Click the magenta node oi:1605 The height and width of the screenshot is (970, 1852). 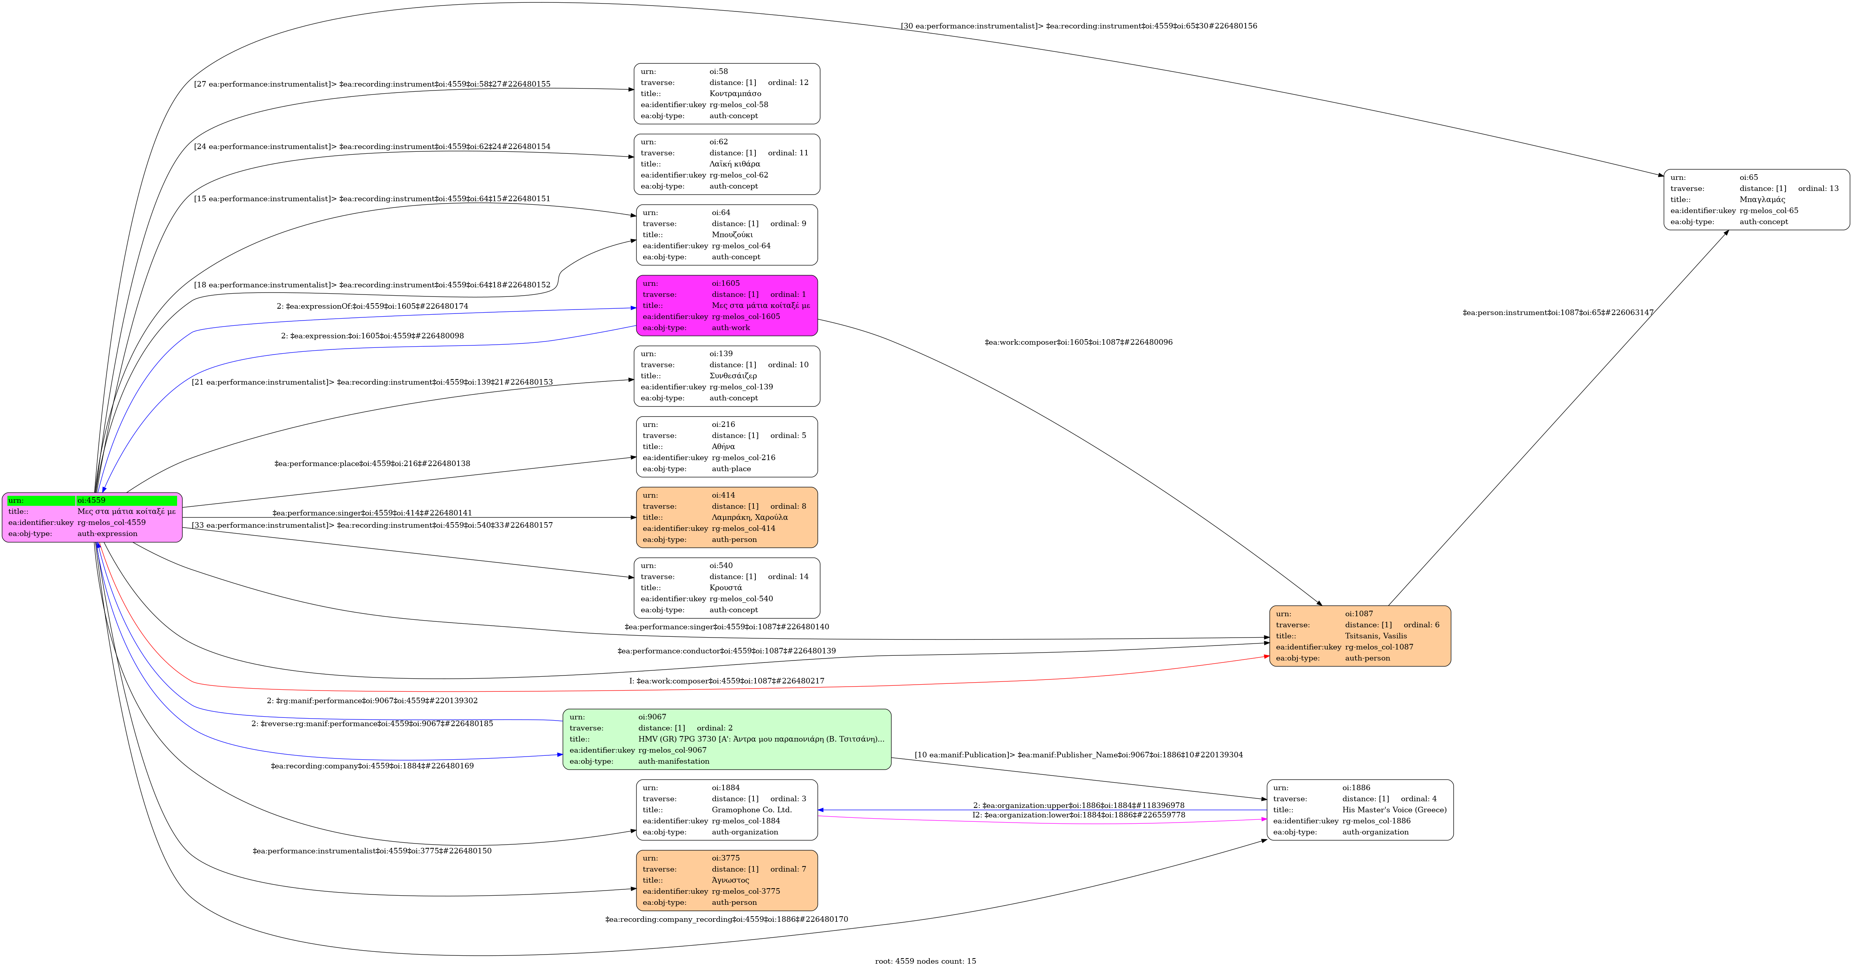(727, 306)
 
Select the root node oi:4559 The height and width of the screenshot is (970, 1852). (92, 517)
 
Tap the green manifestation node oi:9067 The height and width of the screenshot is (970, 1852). (727, 739)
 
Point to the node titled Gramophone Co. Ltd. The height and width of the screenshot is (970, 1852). (727, 810)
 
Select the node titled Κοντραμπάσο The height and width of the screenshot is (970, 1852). (727, 93)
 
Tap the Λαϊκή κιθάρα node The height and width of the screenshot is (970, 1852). (727, 164)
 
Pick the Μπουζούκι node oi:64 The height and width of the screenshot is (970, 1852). (727, 235)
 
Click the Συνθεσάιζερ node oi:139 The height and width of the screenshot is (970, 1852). (727, 376)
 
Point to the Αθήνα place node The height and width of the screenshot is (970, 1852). (727, 447)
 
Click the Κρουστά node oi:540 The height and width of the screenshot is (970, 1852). (727, 588)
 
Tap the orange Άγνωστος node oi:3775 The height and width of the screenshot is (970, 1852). (727, 880)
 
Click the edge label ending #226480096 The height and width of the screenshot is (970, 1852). (1078, 342)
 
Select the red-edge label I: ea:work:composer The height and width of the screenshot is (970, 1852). (727, 681)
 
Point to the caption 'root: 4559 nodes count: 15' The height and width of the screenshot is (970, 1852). (925, 961)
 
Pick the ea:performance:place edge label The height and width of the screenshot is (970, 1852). (372, 464)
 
